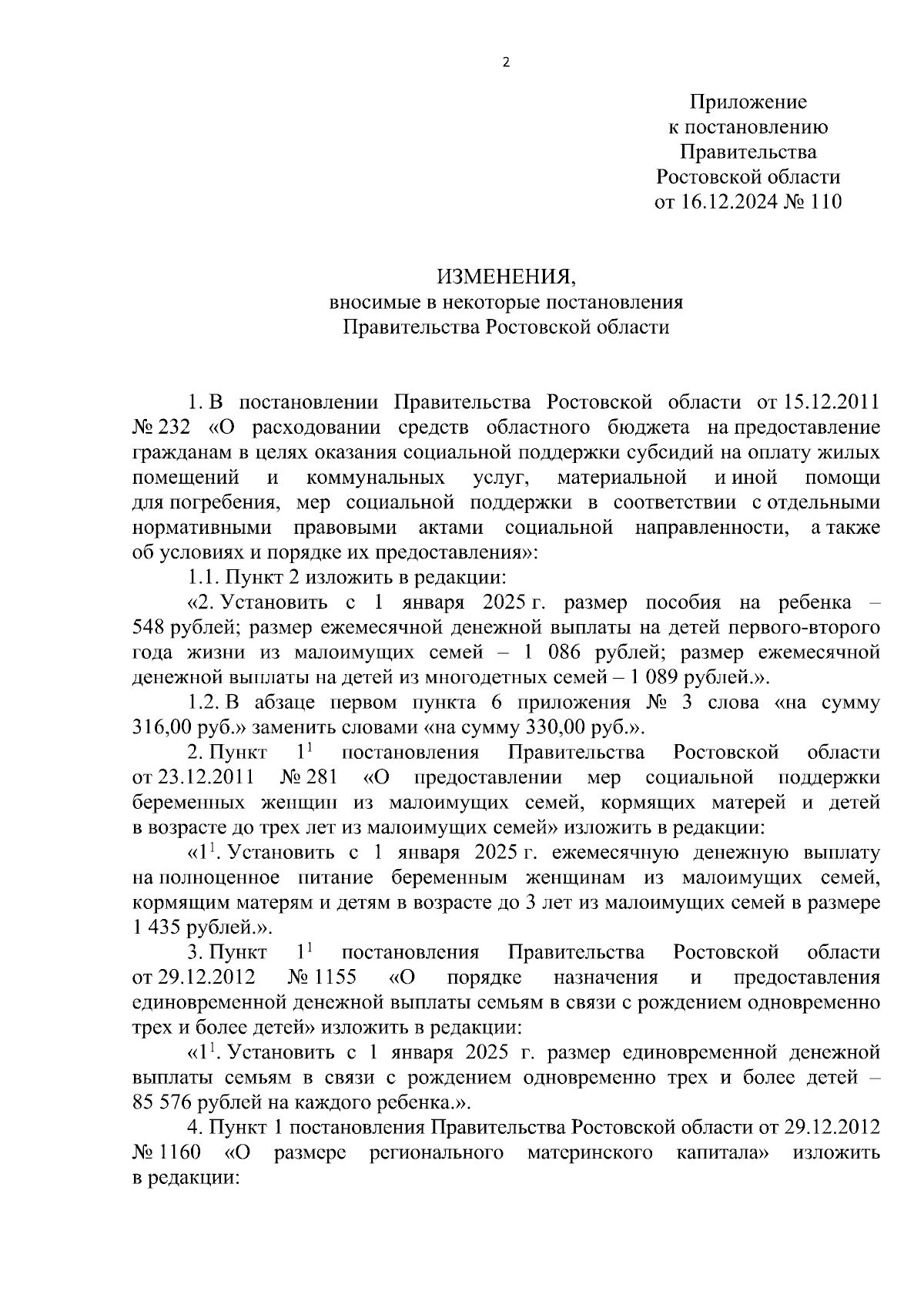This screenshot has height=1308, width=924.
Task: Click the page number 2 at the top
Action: click(506, 63)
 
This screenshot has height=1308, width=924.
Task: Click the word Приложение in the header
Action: click(748, 102)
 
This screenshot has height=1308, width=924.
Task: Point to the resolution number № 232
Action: click(161, 428)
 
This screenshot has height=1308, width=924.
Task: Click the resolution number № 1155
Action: click(321, 978)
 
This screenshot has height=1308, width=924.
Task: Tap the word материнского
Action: click(590, 1152)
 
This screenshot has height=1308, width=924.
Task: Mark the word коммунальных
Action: click(375, 478)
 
